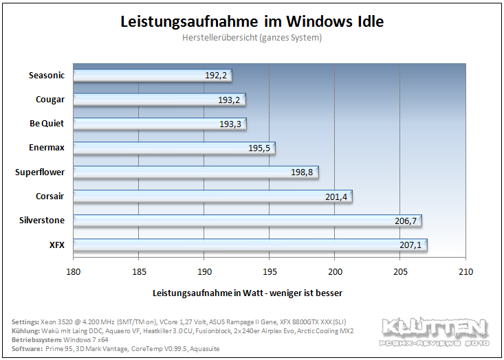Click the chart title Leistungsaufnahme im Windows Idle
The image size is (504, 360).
click(x=252, y=22)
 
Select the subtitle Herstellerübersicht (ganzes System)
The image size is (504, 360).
click(x=252, y=38)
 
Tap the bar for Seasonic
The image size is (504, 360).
click(x=153, y=76)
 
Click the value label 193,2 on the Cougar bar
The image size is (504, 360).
click(x=229, y=100)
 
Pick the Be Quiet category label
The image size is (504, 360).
click(x=47, y=123)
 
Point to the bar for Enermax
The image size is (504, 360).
click(x=174, y=148)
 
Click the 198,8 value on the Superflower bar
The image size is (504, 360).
click(x=302, y=172)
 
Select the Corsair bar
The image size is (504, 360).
click(x=212, y=196)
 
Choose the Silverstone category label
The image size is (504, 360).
click(x=42, y=221)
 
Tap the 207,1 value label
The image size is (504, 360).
click(x=410, y=245)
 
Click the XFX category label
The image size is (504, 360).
click(x=57, y=245)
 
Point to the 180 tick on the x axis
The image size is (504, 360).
click(x=74, y=271)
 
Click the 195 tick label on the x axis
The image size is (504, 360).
click(x=270, y=271)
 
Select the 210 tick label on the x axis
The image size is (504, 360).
click(x=465, y=271)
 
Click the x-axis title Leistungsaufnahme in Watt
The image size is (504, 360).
click(x=208, y=293)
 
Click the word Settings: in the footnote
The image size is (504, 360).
click(x=25, y=322)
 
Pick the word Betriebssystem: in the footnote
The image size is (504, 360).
click(x=36, y=340)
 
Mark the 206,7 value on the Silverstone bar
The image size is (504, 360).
click(x=406, y=221)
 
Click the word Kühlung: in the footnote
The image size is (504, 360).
click(x=25, y=330)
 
